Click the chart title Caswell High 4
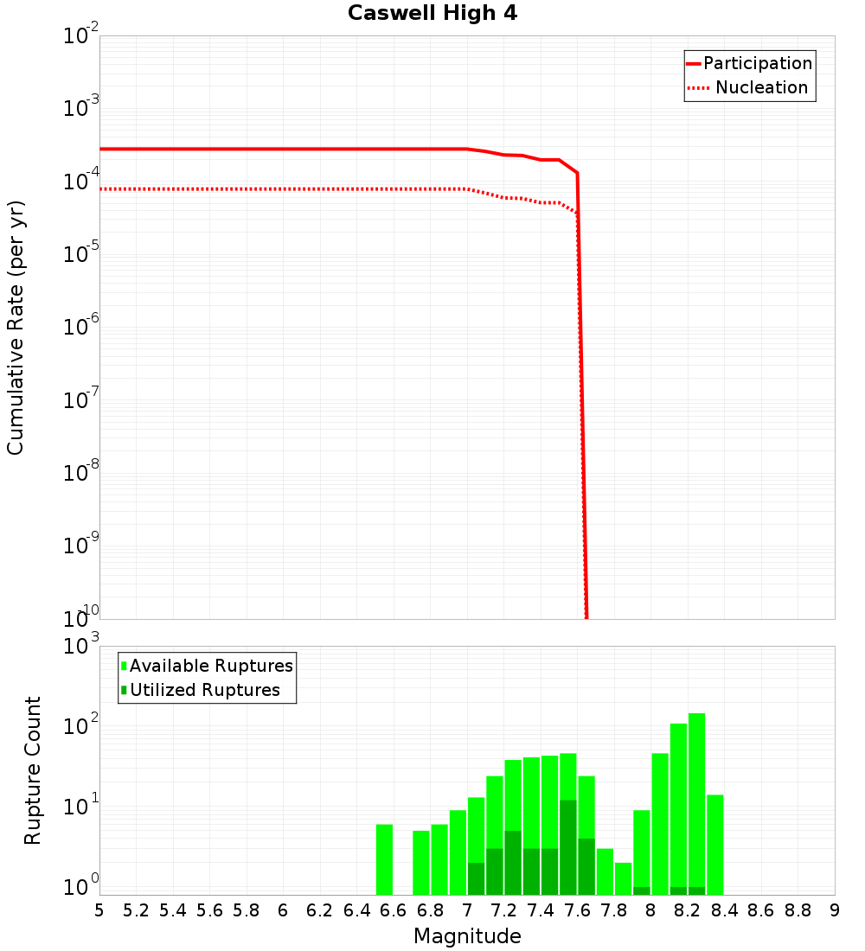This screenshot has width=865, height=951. click(x=432, y=14)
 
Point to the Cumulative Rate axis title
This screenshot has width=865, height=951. click(x=16, y=328)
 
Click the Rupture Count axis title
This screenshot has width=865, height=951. click(x=33, y=770)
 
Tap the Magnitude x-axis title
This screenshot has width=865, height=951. click(x=467, y=936)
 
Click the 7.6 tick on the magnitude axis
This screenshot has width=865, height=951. click(x=577, y=910)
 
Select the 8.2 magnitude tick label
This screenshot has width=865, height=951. click(x=688, y=910)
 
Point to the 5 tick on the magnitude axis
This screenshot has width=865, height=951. click(x=99, y=910)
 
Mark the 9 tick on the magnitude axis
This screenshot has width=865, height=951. click(x=835, y=910)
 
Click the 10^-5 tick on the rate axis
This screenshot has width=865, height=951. click(x=80, y=255)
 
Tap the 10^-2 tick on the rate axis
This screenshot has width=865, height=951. click(x=80, y=37)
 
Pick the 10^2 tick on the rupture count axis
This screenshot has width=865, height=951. click(x=80, y=726)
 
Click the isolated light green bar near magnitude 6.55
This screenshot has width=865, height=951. click(x=384, y=859)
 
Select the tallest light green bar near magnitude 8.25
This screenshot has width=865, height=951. click(x=696, y=804)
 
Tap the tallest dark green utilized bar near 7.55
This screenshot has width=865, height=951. click(x=567, y=847)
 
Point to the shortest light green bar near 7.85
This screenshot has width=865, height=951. click(x=623, y=878)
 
